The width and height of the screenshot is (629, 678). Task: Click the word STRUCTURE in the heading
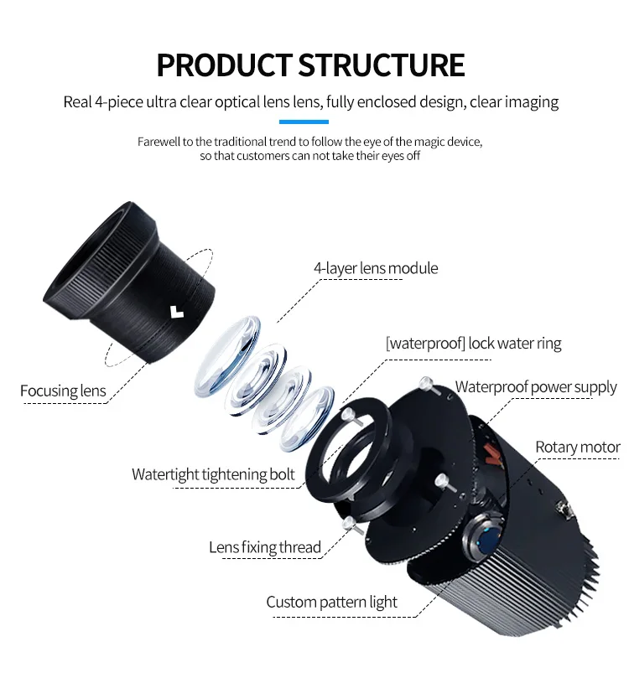382,65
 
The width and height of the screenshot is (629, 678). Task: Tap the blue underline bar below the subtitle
314,122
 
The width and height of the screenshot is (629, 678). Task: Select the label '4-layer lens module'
376,269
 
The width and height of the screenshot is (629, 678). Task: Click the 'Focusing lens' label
64,391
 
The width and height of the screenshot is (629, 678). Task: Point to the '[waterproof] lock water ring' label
473,344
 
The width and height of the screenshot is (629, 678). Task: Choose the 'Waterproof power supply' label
536,387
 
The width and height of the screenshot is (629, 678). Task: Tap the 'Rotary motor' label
577,447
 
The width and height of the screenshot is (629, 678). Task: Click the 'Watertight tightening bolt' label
213,474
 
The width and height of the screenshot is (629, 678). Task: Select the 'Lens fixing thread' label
265,547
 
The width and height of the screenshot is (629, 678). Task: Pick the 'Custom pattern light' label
331,602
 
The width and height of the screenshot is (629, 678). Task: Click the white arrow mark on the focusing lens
175,311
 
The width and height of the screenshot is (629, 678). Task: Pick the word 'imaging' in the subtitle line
531,102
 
